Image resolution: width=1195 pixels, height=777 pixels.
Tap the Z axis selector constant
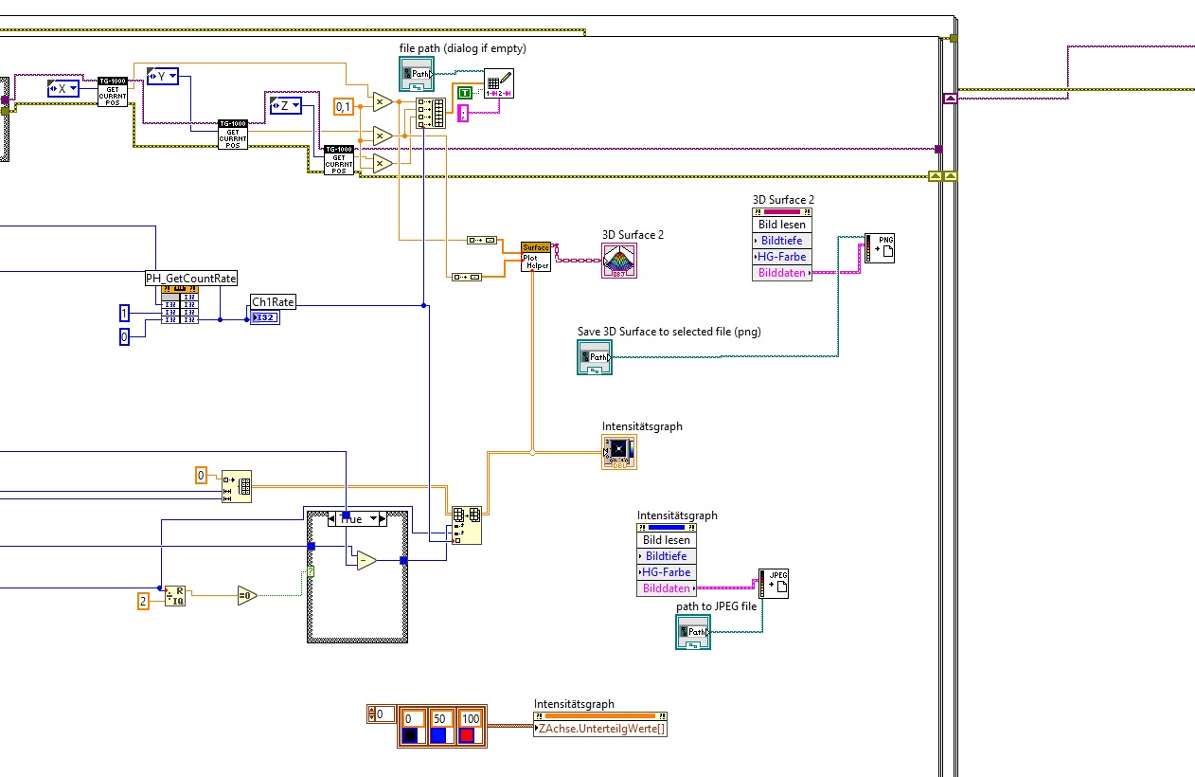[285, 105]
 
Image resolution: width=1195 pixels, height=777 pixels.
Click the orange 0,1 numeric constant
[344, 107]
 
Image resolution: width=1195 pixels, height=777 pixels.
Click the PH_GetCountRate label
[190, 278]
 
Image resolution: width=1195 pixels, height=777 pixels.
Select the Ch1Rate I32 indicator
[265, 317]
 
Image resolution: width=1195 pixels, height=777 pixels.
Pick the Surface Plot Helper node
[536, 256]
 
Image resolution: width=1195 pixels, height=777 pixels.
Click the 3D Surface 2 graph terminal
[619, 261]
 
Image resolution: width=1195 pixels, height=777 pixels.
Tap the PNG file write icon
[880, 248]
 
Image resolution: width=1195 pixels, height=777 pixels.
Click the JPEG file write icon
[774, 583]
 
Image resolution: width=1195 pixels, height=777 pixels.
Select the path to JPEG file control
[693, 631]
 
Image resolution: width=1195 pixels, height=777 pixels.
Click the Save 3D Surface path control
[595, 356]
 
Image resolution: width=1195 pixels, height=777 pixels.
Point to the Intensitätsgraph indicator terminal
[619, 452]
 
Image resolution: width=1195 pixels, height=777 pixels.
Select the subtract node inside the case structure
[366, 561]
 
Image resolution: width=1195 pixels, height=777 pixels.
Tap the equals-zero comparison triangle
[247, 595]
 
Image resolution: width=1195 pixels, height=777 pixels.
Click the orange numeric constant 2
[144, 600]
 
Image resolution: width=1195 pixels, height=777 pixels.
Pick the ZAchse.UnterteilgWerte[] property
[600, 729]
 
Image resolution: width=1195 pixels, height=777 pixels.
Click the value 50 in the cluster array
[439, 719]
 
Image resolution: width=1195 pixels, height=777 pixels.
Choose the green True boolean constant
[464, 92]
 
